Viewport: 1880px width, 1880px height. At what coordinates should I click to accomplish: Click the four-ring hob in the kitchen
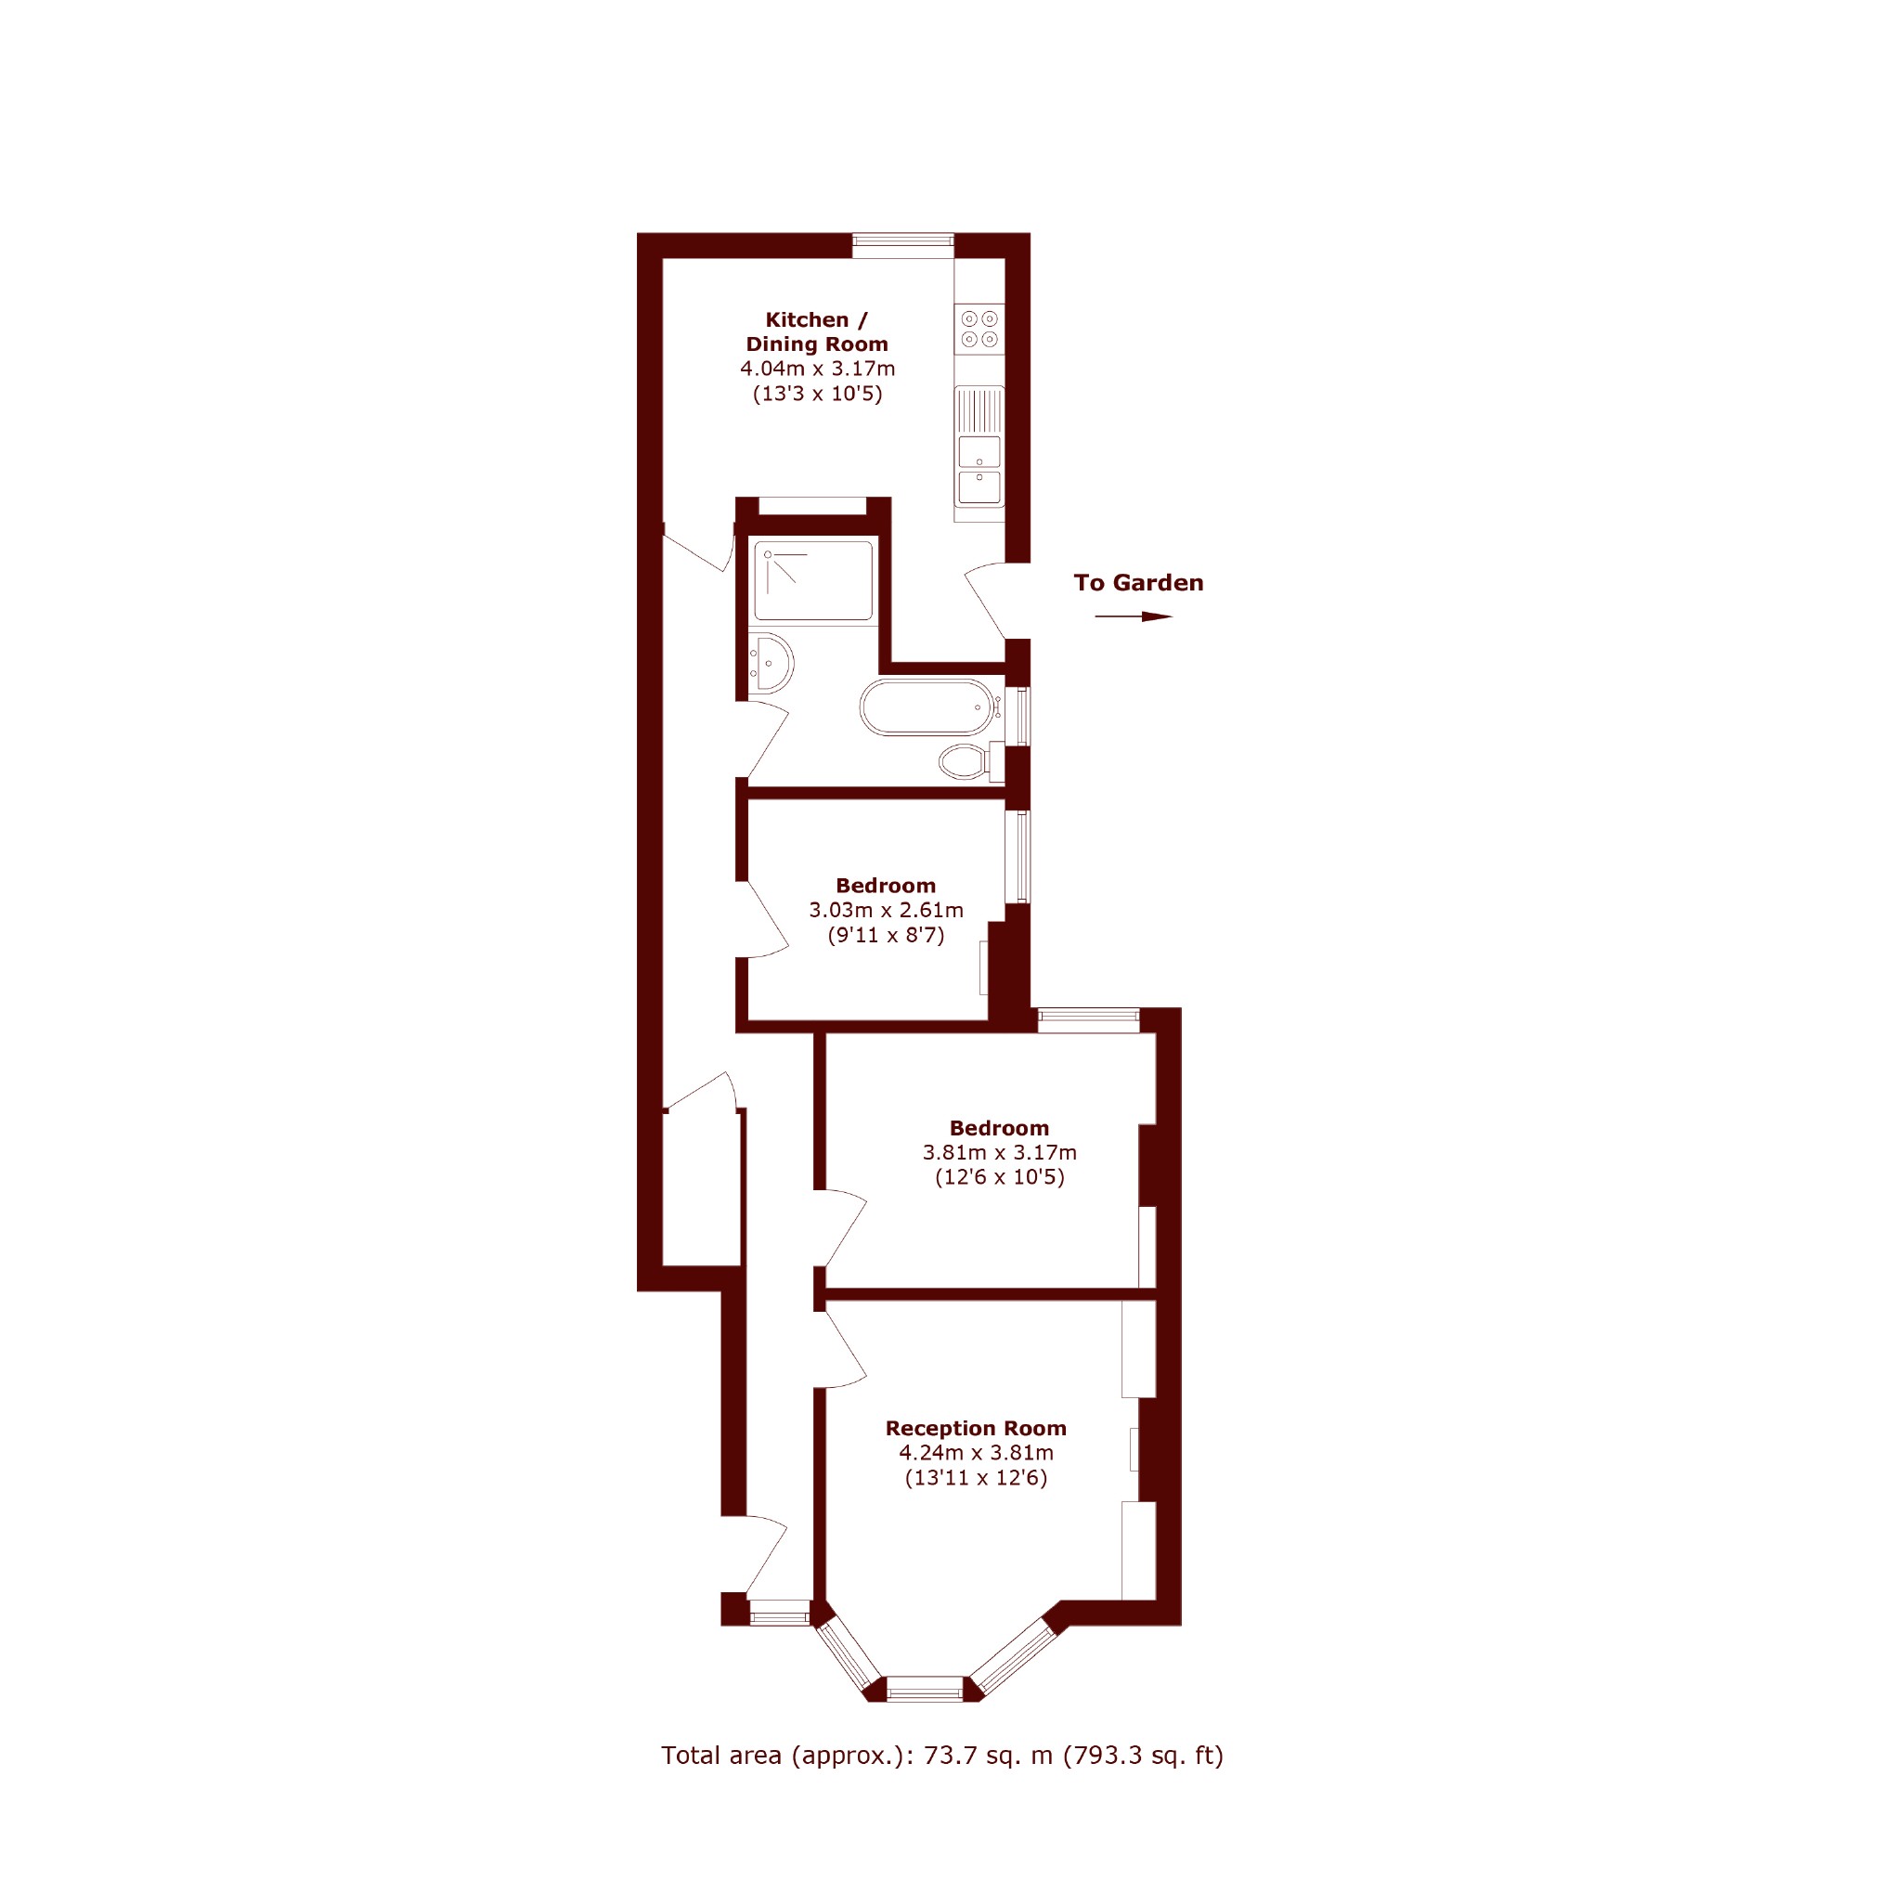[x=979, y=329]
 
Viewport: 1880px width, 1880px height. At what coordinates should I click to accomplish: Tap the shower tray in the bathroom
[x=813, y=580]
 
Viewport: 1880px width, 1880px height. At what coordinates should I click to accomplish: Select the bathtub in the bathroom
[x=927, y=707]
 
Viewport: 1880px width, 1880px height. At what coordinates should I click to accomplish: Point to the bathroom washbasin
[x=771, y=664]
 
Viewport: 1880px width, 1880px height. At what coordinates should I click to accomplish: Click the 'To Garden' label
[x=1138, y=583]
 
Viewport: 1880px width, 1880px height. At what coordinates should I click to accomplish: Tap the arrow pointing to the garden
[x=1134, y=616]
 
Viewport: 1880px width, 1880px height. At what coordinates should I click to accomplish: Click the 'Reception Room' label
[x=976, y=1429]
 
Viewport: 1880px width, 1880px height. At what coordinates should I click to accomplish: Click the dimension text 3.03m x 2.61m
[x=887, y=910]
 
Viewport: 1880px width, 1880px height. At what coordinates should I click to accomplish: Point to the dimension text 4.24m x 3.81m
[x=976, y=1453]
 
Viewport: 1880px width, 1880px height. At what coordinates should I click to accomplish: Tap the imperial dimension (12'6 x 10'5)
[x=1000, y=1177]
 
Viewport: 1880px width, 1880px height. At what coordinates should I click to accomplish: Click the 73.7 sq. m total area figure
[x=989, y=1756]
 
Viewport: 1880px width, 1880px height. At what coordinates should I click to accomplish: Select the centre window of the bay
[x=925, y=1689]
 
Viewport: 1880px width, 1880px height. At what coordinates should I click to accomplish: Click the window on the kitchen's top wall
[x=903, y=245]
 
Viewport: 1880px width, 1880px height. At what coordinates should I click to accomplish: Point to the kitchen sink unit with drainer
[x=979, y=447]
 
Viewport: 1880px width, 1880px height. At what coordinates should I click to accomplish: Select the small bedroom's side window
[x=1018, y=856]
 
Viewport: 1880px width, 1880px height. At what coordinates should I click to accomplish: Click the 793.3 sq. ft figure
[x=1144, y=1756]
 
